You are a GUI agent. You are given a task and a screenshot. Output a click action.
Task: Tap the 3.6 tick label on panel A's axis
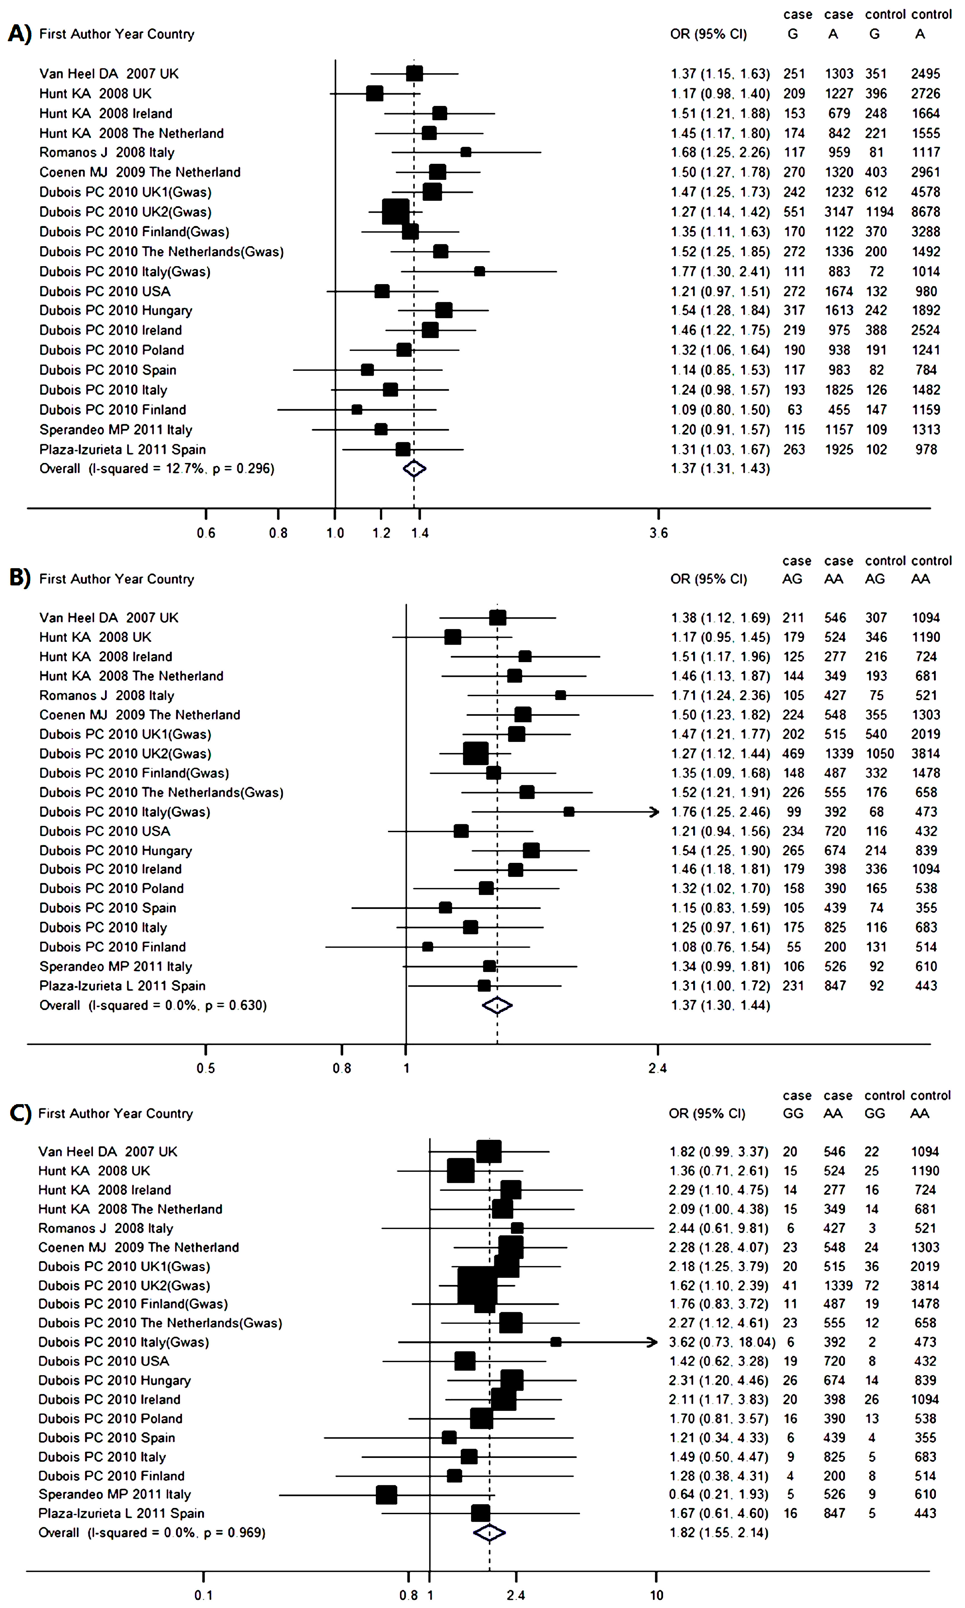[658, 533]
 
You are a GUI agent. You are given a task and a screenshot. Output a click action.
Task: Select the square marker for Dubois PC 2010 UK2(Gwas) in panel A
[395, 212]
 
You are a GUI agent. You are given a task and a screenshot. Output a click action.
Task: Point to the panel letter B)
[20, 578]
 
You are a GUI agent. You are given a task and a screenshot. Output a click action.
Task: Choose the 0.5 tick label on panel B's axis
[205, 1068]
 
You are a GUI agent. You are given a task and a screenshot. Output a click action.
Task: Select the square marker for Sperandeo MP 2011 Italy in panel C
[386, 1494]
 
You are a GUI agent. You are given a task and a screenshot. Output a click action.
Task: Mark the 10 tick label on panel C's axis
[656, 1595]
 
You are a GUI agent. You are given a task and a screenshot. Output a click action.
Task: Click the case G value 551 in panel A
[794, 212]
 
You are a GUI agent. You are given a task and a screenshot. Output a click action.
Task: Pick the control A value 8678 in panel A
[925, 212]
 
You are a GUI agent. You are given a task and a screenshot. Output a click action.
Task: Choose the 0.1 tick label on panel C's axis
[203, 1595]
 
